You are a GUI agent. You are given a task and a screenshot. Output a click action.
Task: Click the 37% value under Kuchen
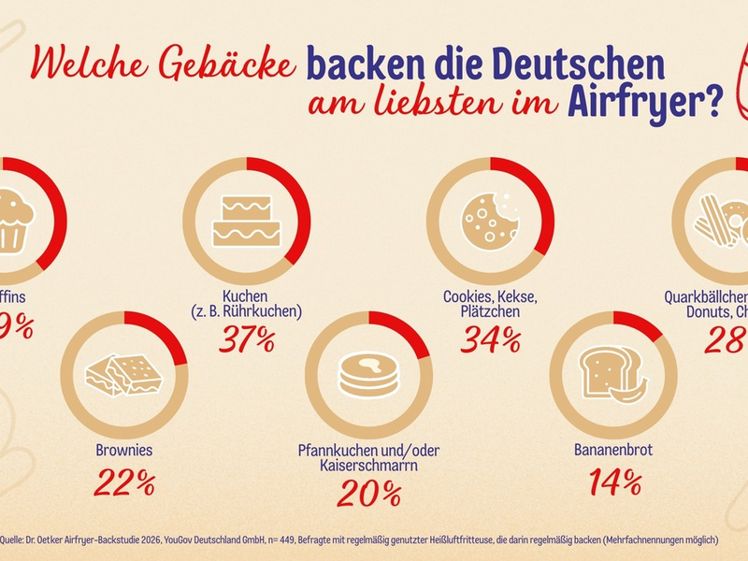[247, 338]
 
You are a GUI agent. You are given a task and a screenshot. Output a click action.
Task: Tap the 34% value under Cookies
[491, 338]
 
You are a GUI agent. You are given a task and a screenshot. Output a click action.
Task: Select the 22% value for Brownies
[124, 482]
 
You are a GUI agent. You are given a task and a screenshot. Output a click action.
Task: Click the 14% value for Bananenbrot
[614, 482]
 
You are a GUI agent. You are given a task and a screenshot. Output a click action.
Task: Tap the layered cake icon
[247, 221]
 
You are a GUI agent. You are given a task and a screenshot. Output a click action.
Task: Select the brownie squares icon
[124, 374]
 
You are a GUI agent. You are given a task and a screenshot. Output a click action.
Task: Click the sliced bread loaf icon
[612, 374]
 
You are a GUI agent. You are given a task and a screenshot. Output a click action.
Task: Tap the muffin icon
[13, 221]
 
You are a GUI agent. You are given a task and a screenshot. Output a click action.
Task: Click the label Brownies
[124, 450]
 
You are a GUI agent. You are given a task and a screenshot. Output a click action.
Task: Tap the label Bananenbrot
[613, 450]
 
